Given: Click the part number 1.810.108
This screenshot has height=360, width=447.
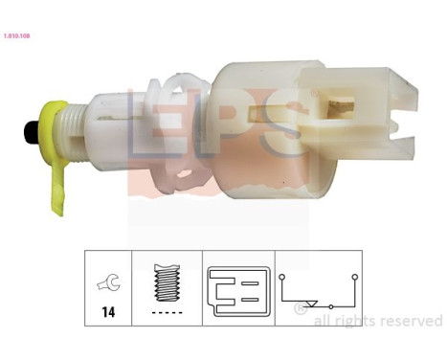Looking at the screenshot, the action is (x=16, y=36).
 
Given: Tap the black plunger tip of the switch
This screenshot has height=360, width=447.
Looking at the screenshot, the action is (x=30, y=132).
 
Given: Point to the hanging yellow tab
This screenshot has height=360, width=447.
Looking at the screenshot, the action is (x=58, y=189).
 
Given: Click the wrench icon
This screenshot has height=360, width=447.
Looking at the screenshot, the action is (x=109, y=282).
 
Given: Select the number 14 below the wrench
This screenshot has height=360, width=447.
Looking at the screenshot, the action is (x=108, y=312).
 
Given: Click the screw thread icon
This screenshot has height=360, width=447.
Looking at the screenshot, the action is (x=167, y=282).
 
